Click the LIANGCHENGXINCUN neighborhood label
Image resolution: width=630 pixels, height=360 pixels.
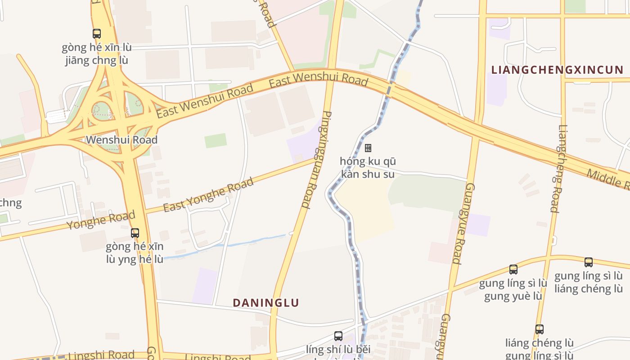(557, 70)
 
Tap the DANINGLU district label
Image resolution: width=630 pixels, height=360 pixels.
(265, 302)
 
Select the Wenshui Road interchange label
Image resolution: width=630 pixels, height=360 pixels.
(122, 139)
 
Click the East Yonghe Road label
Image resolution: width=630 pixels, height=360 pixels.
(208, 195)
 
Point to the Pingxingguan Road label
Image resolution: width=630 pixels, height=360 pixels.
(317, 160)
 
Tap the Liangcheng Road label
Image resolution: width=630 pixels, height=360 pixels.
(558, 168)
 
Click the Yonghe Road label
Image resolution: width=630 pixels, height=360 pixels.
(101, 220)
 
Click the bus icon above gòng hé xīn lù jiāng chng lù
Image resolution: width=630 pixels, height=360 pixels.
(97, 33)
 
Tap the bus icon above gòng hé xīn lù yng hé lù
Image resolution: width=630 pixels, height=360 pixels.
(135, 233)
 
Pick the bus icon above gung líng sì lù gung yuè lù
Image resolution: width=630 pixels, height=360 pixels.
(513, 269)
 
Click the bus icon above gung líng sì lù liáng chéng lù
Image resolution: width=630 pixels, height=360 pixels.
(589, 262)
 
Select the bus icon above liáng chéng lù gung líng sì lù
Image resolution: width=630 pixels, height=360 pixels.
(540, 329)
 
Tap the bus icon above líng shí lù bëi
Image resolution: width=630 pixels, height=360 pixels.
(338, 336)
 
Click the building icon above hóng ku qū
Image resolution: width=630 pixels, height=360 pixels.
(368, 148)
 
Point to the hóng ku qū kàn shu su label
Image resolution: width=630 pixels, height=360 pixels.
(368, 167)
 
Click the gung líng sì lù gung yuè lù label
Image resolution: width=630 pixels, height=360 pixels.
(513, 290)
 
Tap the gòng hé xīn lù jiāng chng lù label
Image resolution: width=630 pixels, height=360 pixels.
(97, 54)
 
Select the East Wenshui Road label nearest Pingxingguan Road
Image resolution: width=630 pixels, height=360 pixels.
(319, 80)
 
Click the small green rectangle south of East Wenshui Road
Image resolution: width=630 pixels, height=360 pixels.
(216, 140)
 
